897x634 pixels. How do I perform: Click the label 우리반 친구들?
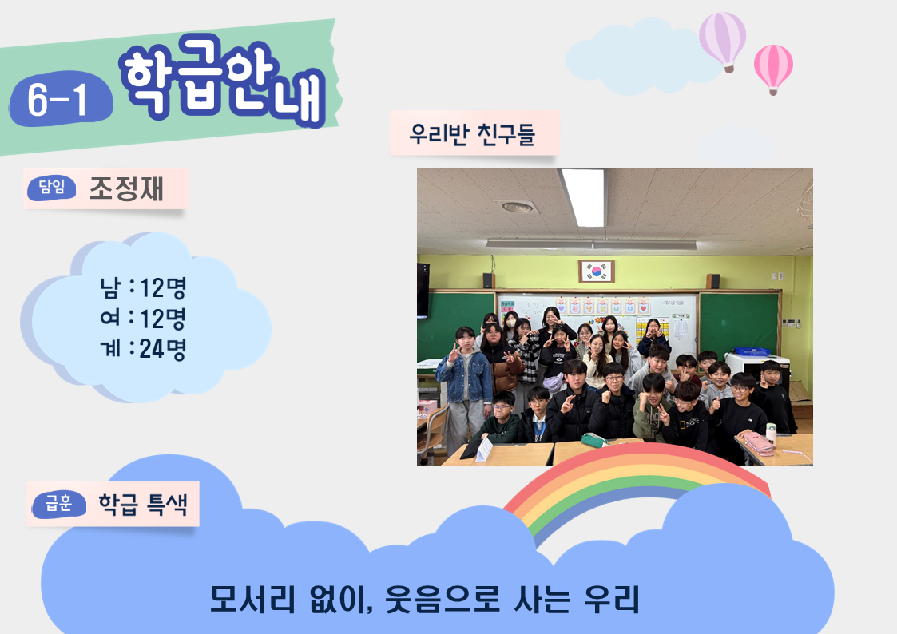tap(472, 134)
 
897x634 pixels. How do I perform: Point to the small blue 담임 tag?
tap(51, 187)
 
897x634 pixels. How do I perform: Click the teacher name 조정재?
tap(126, 188)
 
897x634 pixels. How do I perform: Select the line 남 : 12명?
tap(144, 287)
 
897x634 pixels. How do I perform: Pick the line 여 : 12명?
tap(144, 319)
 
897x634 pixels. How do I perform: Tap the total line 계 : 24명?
tap(144, 349)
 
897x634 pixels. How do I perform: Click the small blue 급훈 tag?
tap(59, 504)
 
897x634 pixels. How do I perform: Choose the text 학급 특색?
tap(143, 504)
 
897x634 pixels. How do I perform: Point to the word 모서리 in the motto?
tap(253, 599)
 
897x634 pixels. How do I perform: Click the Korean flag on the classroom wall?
tap(596, 271)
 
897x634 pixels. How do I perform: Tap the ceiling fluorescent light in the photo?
tap(583, 198)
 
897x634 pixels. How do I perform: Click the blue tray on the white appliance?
tap(752, 351)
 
